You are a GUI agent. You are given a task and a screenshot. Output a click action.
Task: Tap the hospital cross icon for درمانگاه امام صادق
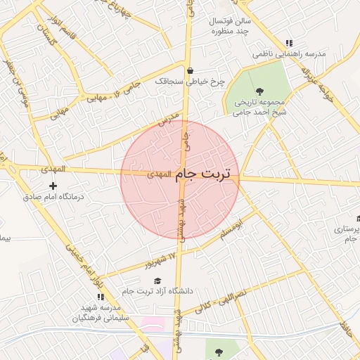tap(53, 186)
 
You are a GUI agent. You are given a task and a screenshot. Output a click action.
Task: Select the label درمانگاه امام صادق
tap(53, 198)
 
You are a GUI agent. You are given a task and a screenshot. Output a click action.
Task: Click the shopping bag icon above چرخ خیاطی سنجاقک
tap(191, 70)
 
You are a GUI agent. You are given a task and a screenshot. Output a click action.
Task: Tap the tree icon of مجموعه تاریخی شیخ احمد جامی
tap(259, 91)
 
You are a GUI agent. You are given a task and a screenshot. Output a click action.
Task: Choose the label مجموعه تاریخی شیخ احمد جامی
tap(259, 106)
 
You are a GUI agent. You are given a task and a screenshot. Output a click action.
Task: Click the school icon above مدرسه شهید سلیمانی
tap(101, 297)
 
